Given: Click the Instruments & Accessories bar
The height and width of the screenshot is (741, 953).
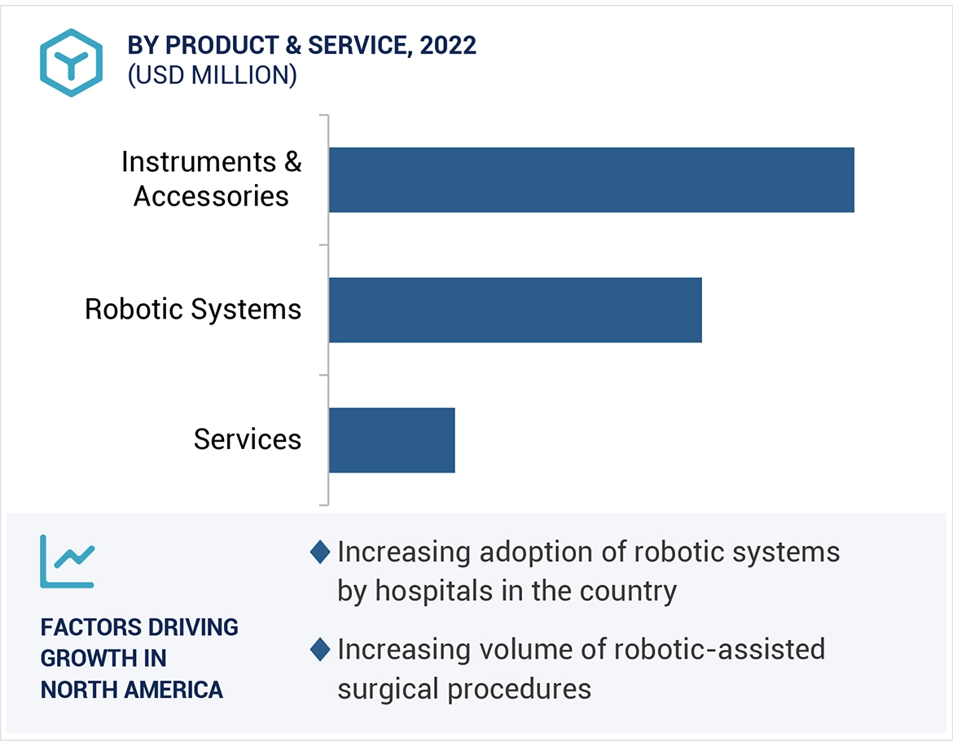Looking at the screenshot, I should [x=591, y=179].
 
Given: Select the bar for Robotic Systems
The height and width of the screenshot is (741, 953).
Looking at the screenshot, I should [x=515, y=310].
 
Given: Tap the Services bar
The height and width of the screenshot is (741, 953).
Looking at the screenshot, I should [x=392, y=440].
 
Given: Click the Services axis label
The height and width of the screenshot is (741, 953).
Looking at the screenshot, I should [x=248, y=439].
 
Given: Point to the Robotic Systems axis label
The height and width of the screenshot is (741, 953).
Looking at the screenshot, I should [x=193, y=310].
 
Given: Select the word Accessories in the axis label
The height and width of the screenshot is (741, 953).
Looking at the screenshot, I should [x=211, y=196].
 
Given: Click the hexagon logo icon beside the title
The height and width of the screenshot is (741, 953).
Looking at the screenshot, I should [x=72, y=63].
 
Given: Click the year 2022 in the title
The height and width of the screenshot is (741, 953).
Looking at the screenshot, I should [x=448, y=46].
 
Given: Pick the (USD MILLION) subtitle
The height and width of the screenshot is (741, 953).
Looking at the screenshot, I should [x=212, y=75].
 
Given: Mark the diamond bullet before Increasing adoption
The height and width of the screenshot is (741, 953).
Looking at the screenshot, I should [x=320, y=552].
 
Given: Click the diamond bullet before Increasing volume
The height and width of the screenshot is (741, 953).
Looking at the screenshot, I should [x=320, y=650].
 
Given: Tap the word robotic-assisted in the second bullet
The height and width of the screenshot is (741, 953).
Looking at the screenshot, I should [x=719, y=650].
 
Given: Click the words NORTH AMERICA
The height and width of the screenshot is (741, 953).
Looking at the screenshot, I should [x=131, y=689].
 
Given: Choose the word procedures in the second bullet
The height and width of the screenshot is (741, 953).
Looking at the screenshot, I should [x=521, y=688].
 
